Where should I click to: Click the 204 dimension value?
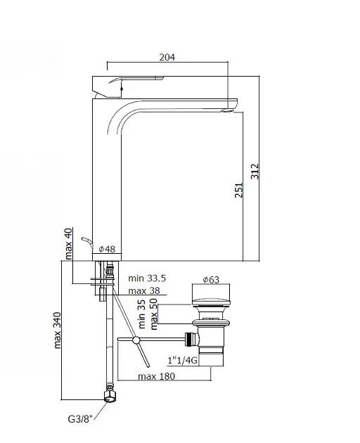tap(167, 57)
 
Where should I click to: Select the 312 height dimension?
tap(255, 171)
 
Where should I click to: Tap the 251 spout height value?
tap(239, 190)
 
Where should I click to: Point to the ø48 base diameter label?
tap(107, 249)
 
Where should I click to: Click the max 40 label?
tap(68, 244)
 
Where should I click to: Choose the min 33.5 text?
tap(147, 278)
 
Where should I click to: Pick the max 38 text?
tap(144, 290)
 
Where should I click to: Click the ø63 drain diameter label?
tap(211, 280)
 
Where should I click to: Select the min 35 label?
tap(141, 314)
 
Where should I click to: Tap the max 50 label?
tap(154, 314)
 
